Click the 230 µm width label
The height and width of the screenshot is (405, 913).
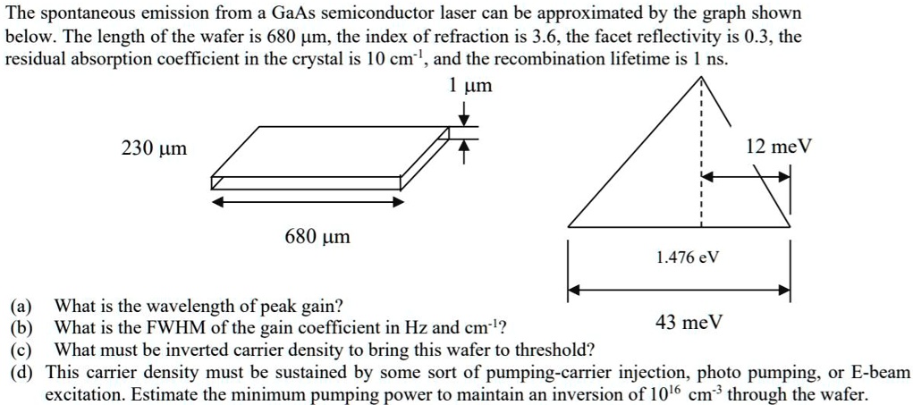coord(154,149)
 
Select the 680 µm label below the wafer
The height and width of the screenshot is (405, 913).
coord(317,237)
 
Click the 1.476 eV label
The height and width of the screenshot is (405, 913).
coord(687,257)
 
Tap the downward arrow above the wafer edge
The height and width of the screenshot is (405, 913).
coord(464,114)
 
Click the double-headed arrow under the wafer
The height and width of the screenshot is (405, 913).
coord(308,201)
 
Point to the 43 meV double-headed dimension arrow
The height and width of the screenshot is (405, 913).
coord(680,290)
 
